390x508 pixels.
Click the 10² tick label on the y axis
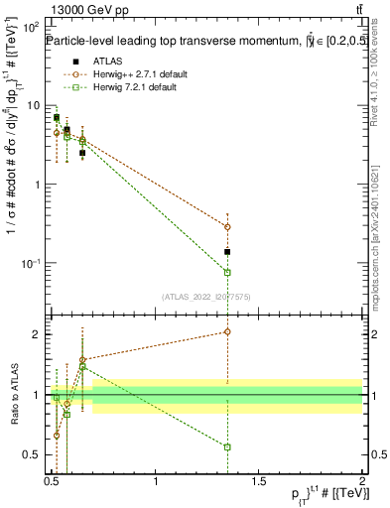click(32, 25)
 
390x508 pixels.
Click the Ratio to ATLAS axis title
click(13, 395)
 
